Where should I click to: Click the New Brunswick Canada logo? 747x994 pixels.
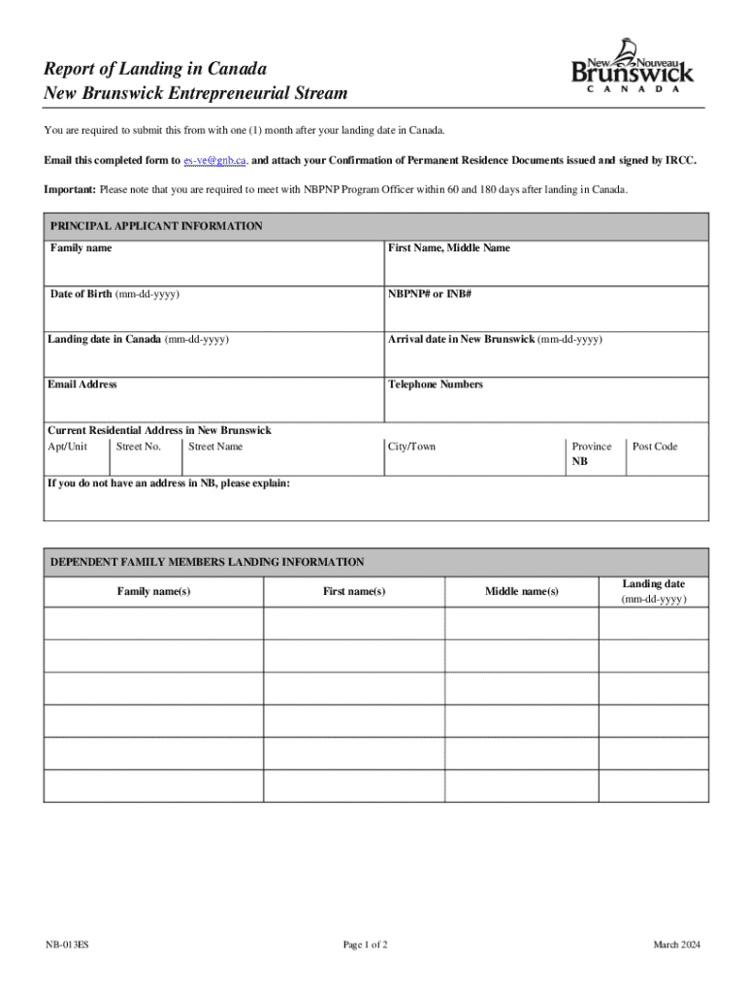click(x=633, y=66)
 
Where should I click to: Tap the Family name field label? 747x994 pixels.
click(x=81, y=248)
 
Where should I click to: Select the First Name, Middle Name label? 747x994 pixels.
click(x=448, y=248)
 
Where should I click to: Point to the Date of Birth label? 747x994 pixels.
click(x=114, y=294)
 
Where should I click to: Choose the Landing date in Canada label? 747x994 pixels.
click(x=138, y=340)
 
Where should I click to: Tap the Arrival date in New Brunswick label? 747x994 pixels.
click(x=495, y=340)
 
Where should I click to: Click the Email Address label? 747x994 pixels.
click(x=82, y=384)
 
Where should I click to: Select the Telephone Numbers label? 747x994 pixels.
click(x=435, y=384)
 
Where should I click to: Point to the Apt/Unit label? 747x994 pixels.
click(x=67, y=447)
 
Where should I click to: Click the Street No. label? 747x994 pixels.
click(x=138, y=447)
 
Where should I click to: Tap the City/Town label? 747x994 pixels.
click(x=411, y=447)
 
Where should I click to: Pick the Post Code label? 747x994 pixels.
click(x=655, y=447)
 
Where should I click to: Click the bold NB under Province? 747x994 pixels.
click(x=579, y=462)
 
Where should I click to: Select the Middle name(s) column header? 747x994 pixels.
click(x=521, y=591)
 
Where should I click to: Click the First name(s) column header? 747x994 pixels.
click(x=354, y=591)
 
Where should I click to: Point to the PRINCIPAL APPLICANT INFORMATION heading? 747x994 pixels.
click(x=156, y=226)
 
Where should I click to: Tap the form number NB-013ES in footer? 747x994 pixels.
click(x=67, y=945)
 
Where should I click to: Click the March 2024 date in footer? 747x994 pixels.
click(x=676, y=945)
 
